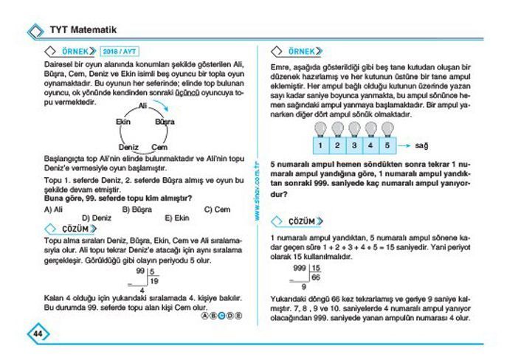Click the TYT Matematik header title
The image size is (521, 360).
(83, 30)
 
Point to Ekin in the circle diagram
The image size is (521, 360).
(123, 122)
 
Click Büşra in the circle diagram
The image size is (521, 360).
(164, 122)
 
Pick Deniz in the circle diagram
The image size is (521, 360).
(128, 147)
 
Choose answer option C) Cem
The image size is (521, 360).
(217, 210)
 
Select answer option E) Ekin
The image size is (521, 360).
(177, 218)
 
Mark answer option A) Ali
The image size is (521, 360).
(53, 210)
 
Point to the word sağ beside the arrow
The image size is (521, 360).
(423, 145)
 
